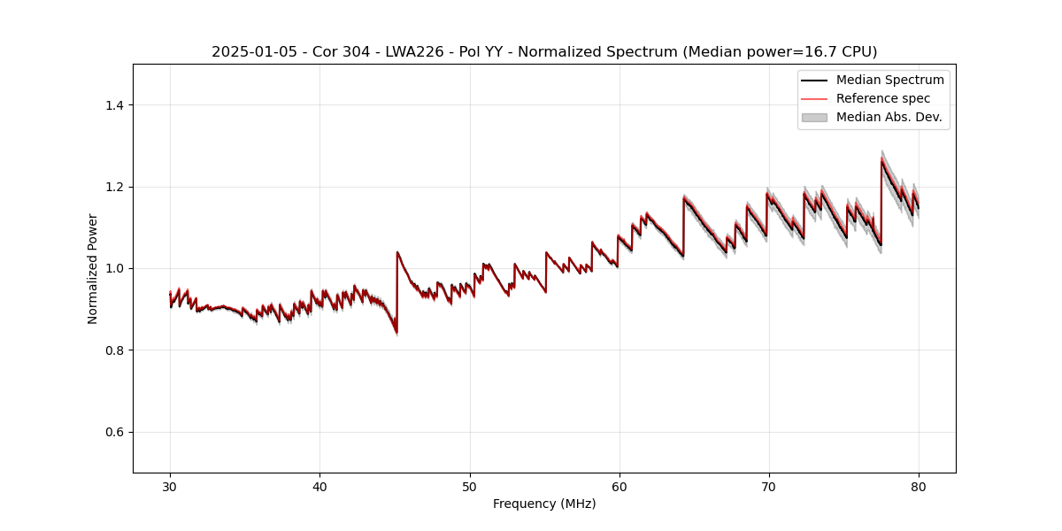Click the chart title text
click(x=544, y=52)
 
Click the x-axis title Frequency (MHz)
click(x=544, y=504)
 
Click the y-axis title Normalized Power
click(x=93, y=268)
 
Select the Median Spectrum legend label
click(x=889, y=80)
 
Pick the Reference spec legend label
click(x=882, y=98)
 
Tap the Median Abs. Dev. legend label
click(x=889, y=117)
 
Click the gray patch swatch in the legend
click(x=814, y=117)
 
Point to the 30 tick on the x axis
click(x=170, y=486)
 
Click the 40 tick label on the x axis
click(x=319, y=486)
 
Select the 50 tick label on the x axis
click(x=470, y=486)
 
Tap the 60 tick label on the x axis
click(x=619, y=486)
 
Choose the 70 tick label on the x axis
click(x=769, y=486)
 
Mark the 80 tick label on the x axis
click(x=919, y=486)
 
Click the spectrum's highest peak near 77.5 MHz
click(x=881, y=159)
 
